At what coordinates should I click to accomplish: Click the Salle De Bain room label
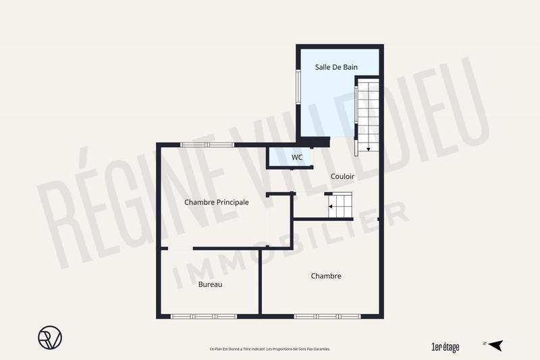tap(335, 68)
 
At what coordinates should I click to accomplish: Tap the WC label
tap(297, 157)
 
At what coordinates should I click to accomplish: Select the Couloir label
tap(342, 176)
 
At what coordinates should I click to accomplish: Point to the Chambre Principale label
tap(217, 202)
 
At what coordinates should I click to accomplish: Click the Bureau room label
tap(210, 284)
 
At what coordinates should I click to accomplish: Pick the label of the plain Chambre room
tap(326, 276)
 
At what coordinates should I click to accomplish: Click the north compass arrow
tap(496, 345)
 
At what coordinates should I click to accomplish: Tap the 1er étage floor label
tap(445, 347)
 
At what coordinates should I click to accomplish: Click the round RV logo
tap(49, 337)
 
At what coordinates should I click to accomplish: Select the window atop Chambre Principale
tap(207, 145)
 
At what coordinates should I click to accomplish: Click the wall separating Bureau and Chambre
tap(260, 282)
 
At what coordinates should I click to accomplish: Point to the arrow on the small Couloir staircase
tap(331, 205)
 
